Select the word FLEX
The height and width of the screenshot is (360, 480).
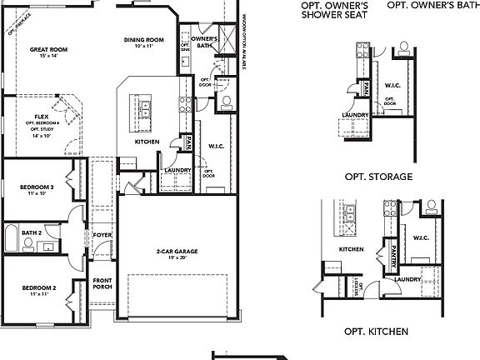pos(41,117)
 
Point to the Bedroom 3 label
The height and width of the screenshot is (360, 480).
pos(37,187)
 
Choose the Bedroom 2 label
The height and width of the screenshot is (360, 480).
pos(38,288)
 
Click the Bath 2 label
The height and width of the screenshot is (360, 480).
pos(32,232)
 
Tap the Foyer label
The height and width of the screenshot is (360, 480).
pos(102,235)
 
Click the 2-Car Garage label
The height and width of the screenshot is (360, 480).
pos(176,252)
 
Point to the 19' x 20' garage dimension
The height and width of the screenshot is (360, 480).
pos(176,258)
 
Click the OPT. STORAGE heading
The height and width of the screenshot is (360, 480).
pos(378,177)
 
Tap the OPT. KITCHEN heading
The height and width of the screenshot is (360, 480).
pos(376,331)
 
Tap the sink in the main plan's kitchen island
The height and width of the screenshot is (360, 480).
pos(144,106)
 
